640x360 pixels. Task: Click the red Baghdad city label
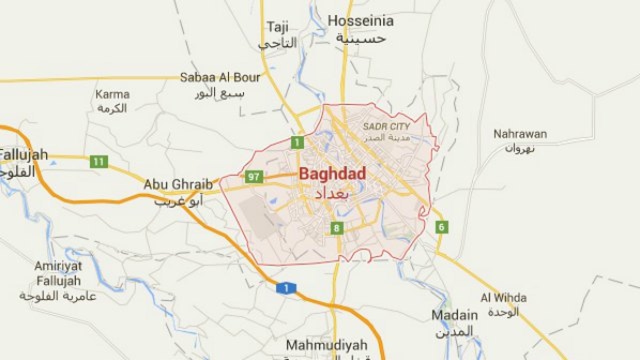pyautogui.click(x=332, y=174)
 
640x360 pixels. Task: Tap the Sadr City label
pyautogui.click(x=386, y=126)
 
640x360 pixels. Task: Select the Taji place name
pyautogui.click(x=278, y=27)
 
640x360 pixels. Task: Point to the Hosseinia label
pyautogui.click(x=360, y=21)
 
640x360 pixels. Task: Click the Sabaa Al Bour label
pyautogui.click(x=220, y=77)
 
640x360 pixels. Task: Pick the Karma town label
pyautogui.click(x=112, y=94)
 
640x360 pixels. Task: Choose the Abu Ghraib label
pyautogui.click(x=178, y=184)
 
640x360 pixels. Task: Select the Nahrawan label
pyautogui.click(x=520, y=134)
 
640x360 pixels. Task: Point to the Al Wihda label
pyautogui.click(x=503, y=298)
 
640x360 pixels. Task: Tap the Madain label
pyautogui.click(x=454, y=315)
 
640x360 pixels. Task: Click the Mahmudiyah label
pyautogui.click(x=326, y=345)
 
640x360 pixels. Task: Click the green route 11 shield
pyautogui.click(x=99, y=161)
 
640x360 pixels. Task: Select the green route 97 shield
pyautogui.click(x=254, y=176)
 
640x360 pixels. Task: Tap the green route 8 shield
pyautogui.click(x=336, y=228)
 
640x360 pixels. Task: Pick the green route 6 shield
pyautogui.click(x=441, y=227)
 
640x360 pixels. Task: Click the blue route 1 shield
pyautogui.click(x=286, y=288)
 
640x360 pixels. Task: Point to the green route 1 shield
pyautogui.click(x=297, y=142)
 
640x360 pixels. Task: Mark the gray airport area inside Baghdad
pyautogui.click(x=257, y=216)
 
